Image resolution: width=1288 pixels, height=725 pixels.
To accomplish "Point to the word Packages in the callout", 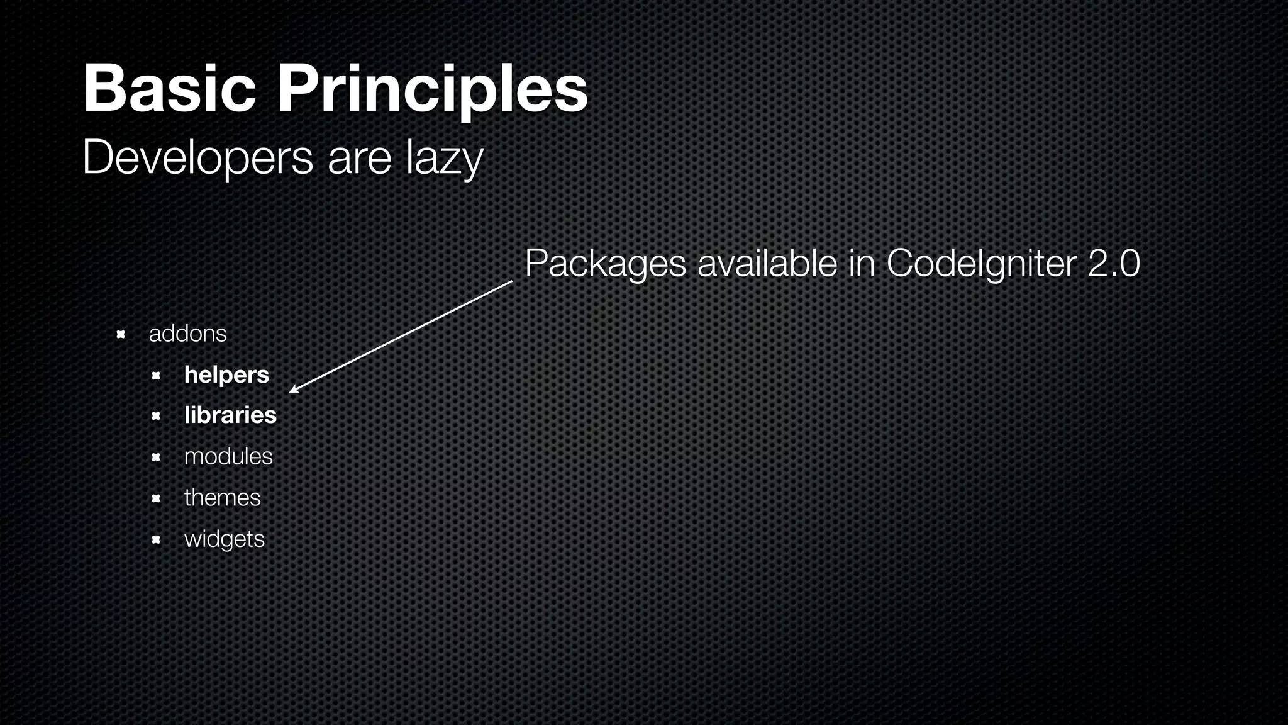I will coord(605,263).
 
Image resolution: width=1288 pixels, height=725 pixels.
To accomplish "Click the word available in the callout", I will coord(767,263).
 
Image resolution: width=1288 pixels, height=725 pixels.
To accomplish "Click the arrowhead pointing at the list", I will coord(293,390).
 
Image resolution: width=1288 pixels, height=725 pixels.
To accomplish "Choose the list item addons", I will coord(187,334).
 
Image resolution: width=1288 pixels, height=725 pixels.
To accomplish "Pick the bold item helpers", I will coord(226,375).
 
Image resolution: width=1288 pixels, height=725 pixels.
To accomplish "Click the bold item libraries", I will coord(230,415).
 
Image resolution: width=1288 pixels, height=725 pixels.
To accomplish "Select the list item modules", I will coord(228,456).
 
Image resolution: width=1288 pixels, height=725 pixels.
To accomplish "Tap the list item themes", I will coord(222,498).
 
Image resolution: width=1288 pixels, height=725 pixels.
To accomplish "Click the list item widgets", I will coord(225,539).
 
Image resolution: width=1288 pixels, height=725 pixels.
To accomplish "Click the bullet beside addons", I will coord(121,334).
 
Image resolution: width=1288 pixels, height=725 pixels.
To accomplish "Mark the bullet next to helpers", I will coord(156,376).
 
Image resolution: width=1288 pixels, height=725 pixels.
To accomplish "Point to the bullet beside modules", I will coord(156,458).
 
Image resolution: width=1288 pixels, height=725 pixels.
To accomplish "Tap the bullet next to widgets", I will coord(156,540).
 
